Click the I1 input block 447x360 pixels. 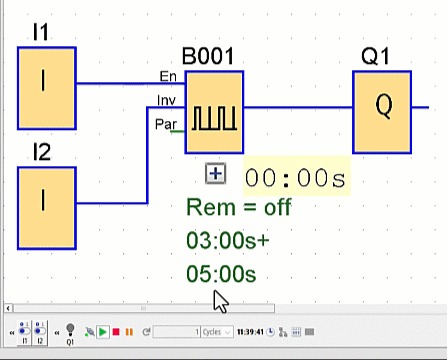[46, 88]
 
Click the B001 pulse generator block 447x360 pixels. [214, 112]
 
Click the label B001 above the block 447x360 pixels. [207, 57]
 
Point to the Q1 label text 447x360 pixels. [375, 57]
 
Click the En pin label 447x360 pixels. [168, 77]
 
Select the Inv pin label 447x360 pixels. [167, 100]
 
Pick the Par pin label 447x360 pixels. [166, 124]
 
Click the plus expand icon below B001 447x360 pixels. [215, 174]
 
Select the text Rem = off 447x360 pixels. [238, 208]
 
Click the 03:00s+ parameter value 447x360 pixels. [227, 241]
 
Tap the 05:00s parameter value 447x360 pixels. [221, 274]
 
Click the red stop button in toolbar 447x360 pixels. [116, 332]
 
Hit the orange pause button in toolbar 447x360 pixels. [129, 332]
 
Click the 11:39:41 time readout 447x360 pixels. [250, 332]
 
